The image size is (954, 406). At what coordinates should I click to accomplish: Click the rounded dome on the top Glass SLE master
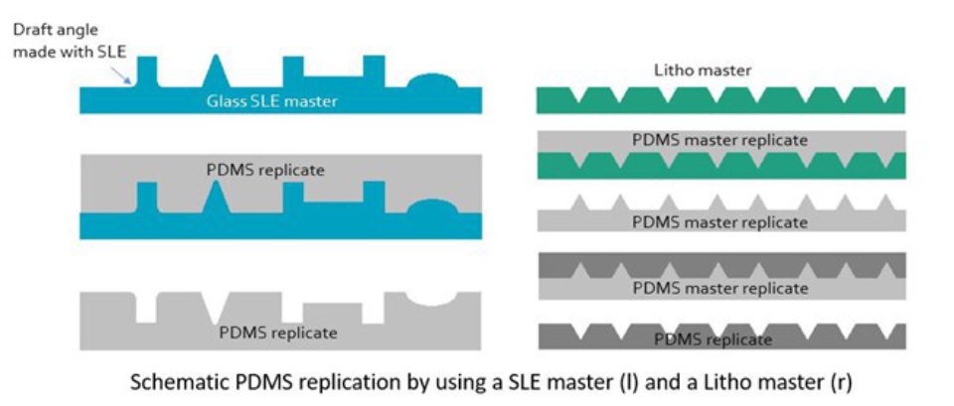[437, 81]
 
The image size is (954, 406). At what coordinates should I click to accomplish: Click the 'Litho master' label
[703, 69]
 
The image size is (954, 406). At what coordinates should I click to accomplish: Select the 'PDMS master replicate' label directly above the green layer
[719, 140]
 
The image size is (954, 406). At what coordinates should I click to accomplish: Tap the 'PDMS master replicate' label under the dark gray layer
[719, 289]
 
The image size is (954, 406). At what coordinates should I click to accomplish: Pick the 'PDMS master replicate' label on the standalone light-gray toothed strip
[719, 223]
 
